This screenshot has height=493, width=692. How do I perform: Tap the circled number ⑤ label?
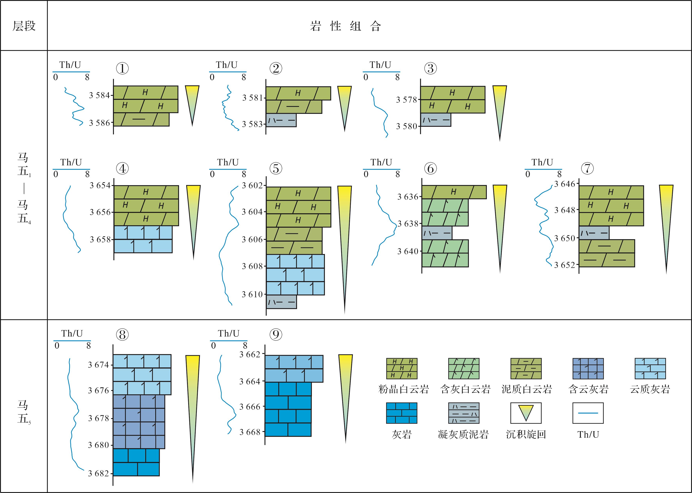coord(276,168)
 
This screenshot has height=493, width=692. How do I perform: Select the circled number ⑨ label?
coord(276,335)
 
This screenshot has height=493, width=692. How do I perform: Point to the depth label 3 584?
coord(99,95)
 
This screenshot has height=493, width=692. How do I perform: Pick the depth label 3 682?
coord(98,473)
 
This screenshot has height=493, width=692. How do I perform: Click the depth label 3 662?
coord(250,354)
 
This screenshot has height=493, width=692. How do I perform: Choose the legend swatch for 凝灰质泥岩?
coord(464,413)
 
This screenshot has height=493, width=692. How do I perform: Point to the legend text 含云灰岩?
coord(588,389)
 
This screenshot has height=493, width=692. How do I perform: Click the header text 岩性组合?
coord(346,26)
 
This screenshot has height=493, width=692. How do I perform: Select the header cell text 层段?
coord(24,26)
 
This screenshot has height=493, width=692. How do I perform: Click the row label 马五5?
coord(24,412)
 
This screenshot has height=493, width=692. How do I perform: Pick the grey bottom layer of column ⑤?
coord(281,302)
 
